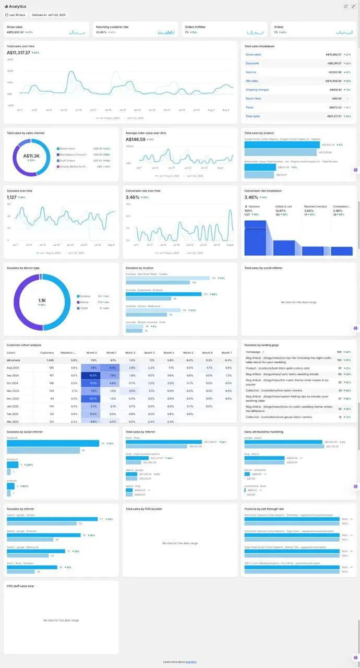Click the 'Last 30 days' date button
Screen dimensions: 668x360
[16, 15]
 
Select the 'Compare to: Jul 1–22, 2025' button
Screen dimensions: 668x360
[49, 15]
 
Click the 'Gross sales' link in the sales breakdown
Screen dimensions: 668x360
[254, 54]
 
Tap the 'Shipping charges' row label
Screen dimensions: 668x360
[257, 90]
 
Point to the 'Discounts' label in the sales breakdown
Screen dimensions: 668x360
[252, 63]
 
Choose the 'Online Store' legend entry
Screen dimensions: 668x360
[68, 149]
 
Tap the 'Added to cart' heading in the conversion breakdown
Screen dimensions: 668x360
[283, 206]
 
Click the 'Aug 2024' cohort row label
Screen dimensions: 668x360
[13, 368]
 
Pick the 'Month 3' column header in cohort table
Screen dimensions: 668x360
[149, 353]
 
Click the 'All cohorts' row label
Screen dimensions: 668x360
[13, 360]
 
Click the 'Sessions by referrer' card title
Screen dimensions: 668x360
[20, 508]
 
